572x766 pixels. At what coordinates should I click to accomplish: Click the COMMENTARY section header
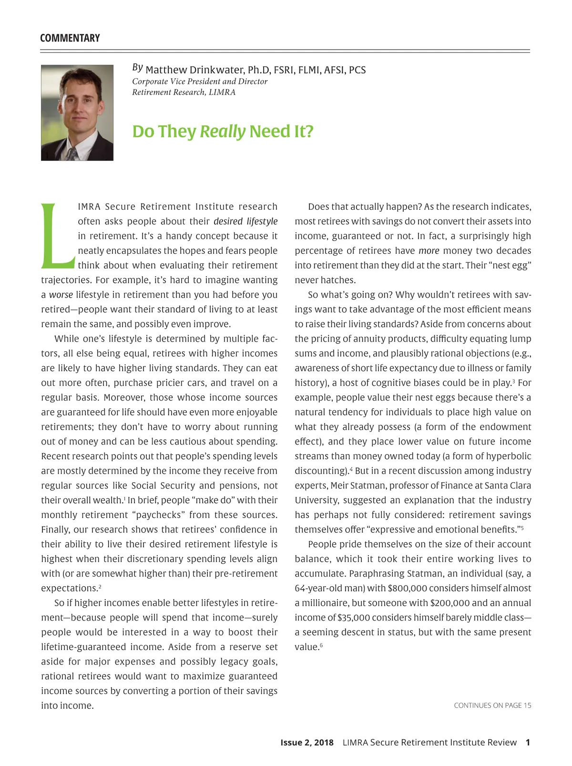pyautogui.click(x=70, y=38)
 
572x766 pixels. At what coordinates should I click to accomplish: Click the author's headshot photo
pyautogui.click(x=77, y=113)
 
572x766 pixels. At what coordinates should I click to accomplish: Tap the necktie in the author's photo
pyautogui.click(x=72, y=154)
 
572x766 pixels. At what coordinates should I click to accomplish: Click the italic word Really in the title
pyautogui.click(x=223, y=131)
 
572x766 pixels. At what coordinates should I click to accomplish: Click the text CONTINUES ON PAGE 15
pyautogui.click(x=492, y=705)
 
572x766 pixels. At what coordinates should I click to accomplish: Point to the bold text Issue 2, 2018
pyautogui.click(x=307, y=742)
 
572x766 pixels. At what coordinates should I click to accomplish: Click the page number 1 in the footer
pyautogui.click(x=528, y=742)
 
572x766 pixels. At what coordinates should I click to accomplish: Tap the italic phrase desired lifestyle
pyautogui.click(x=245, y=221)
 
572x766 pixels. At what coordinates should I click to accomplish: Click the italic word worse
pyautogui.click(x=61, y=295)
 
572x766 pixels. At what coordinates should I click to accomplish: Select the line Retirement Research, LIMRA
pyautogui.click(x=184, y=92)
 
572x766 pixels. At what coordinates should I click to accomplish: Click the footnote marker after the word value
pyautogui.click(x=321, y=645)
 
